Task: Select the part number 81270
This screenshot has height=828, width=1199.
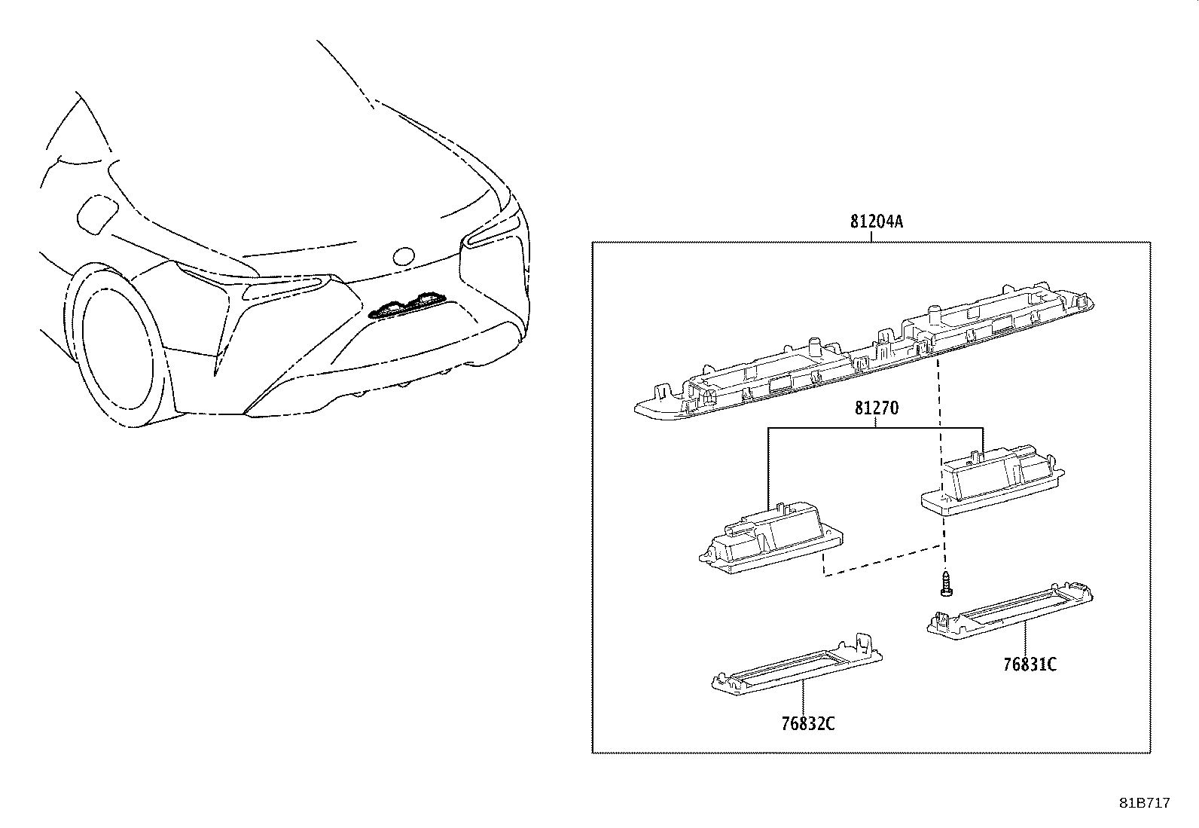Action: [x=876, y=409]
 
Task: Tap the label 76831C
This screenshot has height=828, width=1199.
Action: [x=1029, y=665]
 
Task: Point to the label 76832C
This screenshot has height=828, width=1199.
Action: [x=808, y=724]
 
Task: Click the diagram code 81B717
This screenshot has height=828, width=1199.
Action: [x=1144, y=803]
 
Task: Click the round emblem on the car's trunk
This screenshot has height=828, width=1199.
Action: [x=404, y=255]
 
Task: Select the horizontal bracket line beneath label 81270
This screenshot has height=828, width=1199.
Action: [x=875, y=428]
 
